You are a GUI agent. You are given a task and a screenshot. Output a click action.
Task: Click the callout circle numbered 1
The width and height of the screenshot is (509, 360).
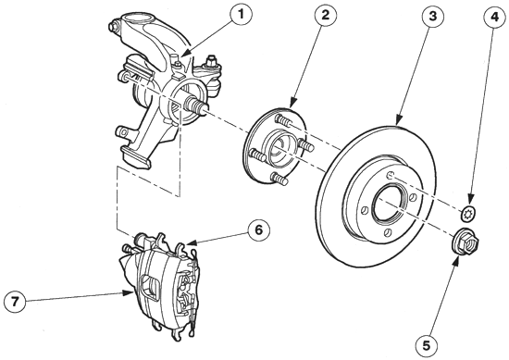pos(241,15)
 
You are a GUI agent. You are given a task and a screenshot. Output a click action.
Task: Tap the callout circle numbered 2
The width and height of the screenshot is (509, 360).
pos(325,15)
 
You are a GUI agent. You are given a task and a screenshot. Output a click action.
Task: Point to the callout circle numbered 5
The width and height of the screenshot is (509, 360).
pos(427,345)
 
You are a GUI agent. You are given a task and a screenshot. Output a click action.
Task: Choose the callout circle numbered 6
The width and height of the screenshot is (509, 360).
pos(258,230)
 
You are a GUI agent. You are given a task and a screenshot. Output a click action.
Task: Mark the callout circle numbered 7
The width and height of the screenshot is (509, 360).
pos(15,303)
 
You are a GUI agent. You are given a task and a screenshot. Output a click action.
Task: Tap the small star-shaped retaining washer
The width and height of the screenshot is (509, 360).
pos(467,213)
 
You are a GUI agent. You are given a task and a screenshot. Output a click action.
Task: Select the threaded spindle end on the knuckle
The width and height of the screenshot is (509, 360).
pos(195,106)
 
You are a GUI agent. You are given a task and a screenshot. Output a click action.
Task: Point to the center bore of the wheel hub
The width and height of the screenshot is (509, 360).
pos(279,146)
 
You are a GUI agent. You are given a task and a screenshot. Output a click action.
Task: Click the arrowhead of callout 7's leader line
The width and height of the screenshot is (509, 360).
pos(130,293)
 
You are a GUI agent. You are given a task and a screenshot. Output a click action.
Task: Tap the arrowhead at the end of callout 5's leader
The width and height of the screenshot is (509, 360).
pos(456,261)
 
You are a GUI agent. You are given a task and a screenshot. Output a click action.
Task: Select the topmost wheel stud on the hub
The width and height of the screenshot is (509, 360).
pos(283,120)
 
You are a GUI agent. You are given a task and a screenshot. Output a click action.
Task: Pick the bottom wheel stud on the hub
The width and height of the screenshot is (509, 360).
pos(279,179)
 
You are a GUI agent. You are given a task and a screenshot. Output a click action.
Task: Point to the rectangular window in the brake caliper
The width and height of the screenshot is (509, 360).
pos(153,287)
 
